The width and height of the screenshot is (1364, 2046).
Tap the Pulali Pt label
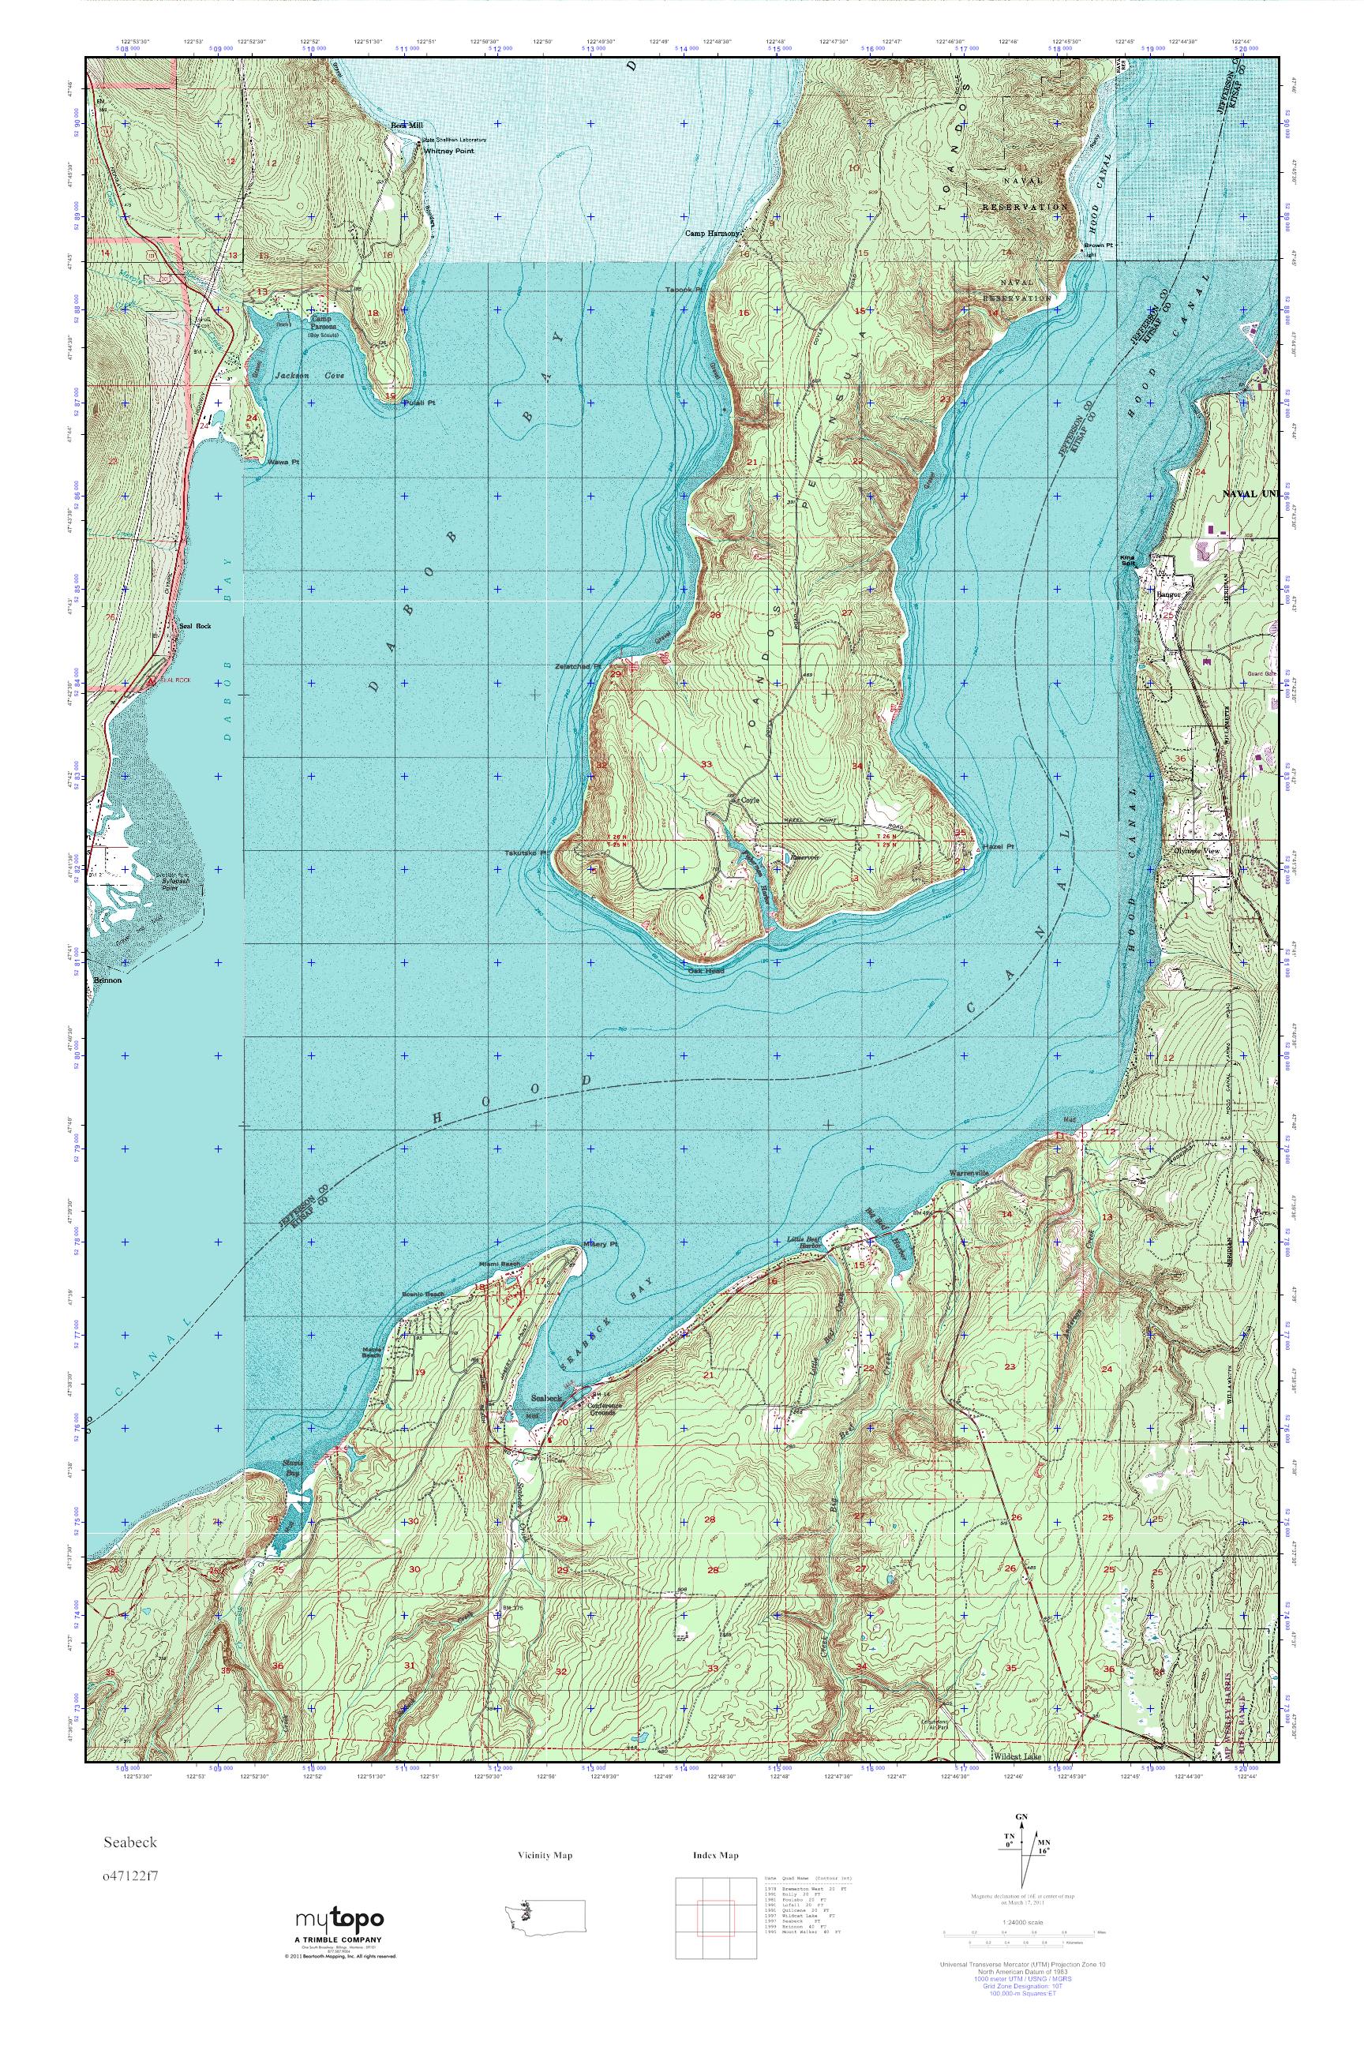[418, 403]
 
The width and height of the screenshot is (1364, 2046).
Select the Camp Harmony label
[711, 233]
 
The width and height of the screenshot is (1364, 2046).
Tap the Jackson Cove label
[297, 375]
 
